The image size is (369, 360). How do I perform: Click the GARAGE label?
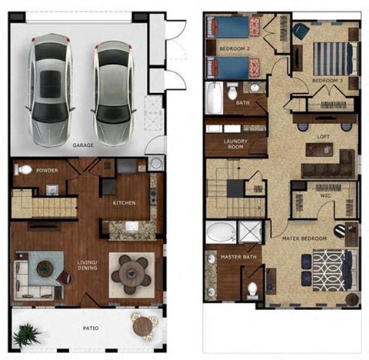[83, 145]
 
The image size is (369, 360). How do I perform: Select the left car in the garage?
[48, 85]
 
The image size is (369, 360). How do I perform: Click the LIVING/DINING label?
[88, 265]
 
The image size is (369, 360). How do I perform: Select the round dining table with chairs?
[132, 272]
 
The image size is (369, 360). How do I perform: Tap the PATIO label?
[91, 328]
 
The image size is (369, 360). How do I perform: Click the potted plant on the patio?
[28, 334]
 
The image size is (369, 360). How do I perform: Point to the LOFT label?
[324, 136]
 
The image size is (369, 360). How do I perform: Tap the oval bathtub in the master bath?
[221, 232]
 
